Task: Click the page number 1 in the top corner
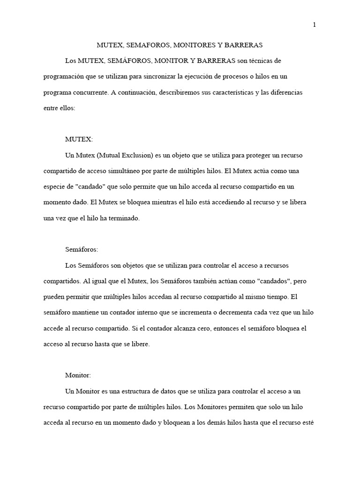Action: pos(315,25)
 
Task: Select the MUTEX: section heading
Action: pos(79,140)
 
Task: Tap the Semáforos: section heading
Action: pos(82,250)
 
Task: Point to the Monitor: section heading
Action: pos(78,375)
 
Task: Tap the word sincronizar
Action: pos(164,76)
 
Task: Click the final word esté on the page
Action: pos(308,422)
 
